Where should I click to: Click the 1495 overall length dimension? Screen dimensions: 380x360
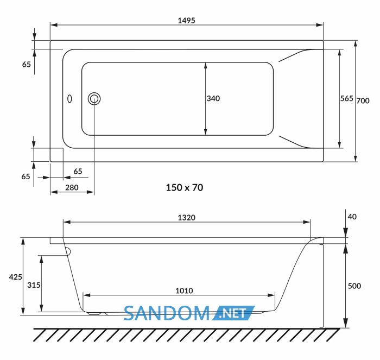tap(186, 21)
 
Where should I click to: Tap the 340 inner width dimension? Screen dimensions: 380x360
tap(213, 98)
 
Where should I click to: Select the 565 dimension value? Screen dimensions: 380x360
tap(346, 98)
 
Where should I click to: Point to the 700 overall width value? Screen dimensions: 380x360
tap(363, 100)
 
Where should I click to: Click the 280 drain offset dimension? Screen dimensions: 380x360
tap(72, 187)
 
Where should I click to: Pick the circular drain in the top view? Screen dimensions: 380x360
tap(94, 99)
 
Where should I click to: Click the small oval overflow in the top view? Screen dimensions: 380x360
tap(69, 99)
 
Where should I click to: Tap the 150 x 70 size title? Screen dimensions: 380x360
tap(185, 187)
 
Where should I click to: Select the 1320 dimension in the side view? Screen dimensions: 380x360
tap(186, 218)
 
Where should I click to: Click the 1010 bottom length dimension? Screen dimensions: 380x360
tap(184, 290)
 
